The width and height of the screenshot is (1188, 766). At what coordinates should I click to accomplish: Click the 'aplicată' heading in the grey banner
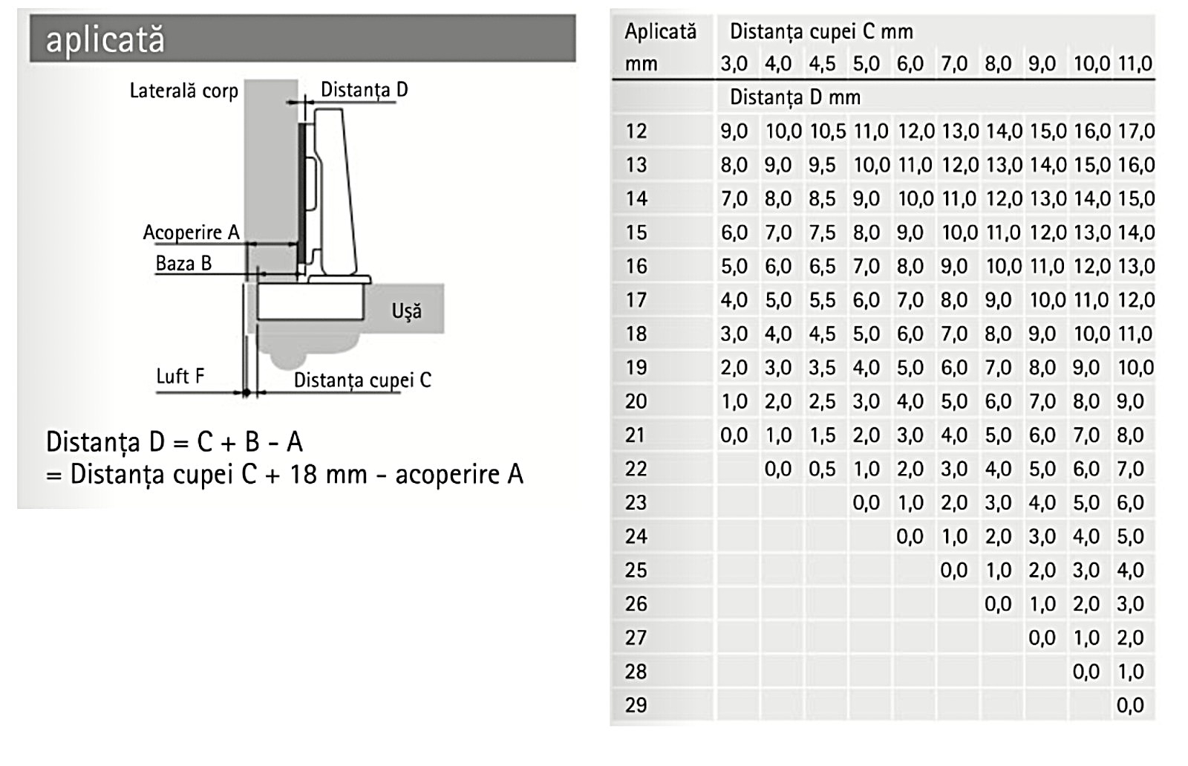(105, 39)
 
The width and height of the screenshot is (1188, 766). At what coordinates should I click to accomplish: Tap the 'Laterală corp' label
(183, 91)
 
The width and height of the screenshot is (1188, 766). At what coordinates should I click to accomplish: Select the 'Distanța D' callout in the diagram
(364, 90)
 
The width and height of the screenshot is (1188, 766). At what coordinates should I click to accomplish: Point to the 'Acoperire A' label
(191, 233)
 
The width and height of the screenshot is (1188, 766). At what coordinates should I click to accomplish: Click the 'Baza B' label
(183, 264)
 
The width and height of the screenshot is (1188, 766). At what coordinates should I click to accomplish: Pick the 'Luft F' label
(180, 377)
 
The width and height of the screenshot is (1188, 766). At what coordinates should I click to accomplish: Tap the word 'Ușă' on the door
(406, 311)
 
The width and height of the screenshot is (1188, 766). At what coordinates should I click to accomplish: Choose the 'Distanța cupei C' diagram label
(362, 380)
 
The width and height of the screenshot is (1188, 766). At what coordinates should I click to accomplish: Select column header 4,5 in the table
(822, 64)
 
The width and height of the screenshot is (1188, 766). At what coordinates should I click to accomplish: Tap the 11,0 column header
(1135, 64)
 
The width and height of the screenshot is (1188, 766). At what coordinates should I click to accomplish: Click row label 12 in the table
(636, 132)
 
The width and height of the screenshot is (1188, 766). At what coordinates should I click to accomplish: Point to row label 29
(636, 705)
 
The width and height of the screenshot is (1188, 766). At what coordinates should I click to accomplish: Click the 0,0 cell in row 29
(1130, 705)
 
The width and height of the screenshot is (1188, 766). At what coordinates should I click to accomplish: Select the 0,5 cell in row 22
(822, 469)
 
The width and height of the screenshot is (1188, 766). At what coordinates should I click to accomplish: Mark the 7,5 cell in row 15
(822, 233)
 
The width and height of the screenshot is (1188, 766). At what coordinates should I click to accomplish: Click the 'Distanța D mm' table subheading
(794, 97)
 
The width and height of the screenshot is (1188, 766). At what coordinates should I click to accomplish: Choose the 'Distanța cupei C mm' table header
(821, 31)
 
